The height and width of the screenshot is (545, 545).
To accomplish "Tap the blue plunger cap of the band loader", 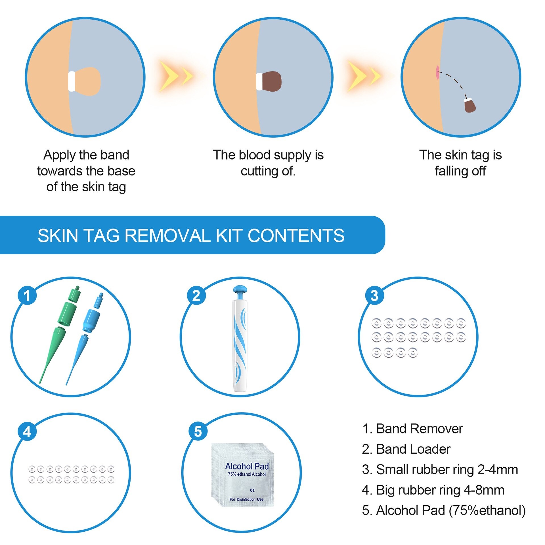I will (240, 290).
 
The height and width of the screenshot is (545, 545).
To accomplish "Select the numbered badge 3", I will (374, 295).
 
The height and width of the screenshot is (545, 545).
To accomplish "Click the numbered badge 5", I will (198, 432).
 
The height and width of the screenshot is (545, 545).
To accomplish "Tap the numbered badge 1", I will (27, 295).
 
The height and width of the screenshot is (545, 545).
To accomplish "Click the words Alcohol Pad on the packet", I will (247, 466).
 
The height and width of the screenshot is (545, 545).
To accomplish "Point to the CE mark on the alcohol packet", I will (252, 490).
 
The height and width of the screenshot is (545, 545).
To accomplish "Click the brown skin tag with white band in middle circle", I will (271, 81).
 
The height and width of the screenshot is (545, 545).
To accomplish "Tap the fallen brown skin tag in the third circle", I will (470, 106).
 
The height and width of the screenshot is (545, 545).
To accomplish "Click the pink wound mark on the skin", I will (437, 72).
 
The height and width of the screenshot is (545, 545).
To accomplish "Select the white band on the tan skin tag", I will (72, 81).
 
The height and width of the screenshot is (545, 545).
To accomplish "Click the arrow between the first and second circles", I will (176, 76).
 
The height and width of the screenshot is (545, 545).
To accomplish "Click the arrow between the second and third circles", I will (364, 76).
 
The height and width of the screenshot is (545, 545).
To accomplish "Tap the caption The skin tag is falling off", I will (460, 163).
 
